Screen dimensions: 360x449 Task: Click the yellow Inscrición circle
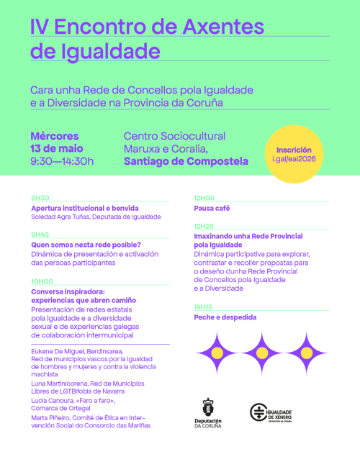tap(298, 153)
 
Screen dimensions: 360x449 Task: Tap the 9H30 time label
tap(40, 198)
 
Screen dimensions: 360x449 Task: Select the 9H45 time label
tap(40, 235)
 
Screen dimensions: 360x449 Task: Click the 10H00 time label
tap(42, 281)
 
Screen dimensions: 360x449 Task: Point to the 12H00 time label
tap(204, 198)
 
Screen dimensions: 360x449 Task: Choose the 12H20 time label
tap(204, 226)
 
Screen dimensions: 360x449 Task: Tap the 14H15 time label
tap(204, 307)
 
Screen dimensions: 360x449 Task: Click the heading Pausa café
tap(212, 207)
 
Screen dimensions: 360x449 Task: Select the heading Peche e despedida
tap(225, 317)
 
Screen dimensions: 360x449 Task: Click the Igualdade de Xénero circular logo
tap(258, 414)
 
